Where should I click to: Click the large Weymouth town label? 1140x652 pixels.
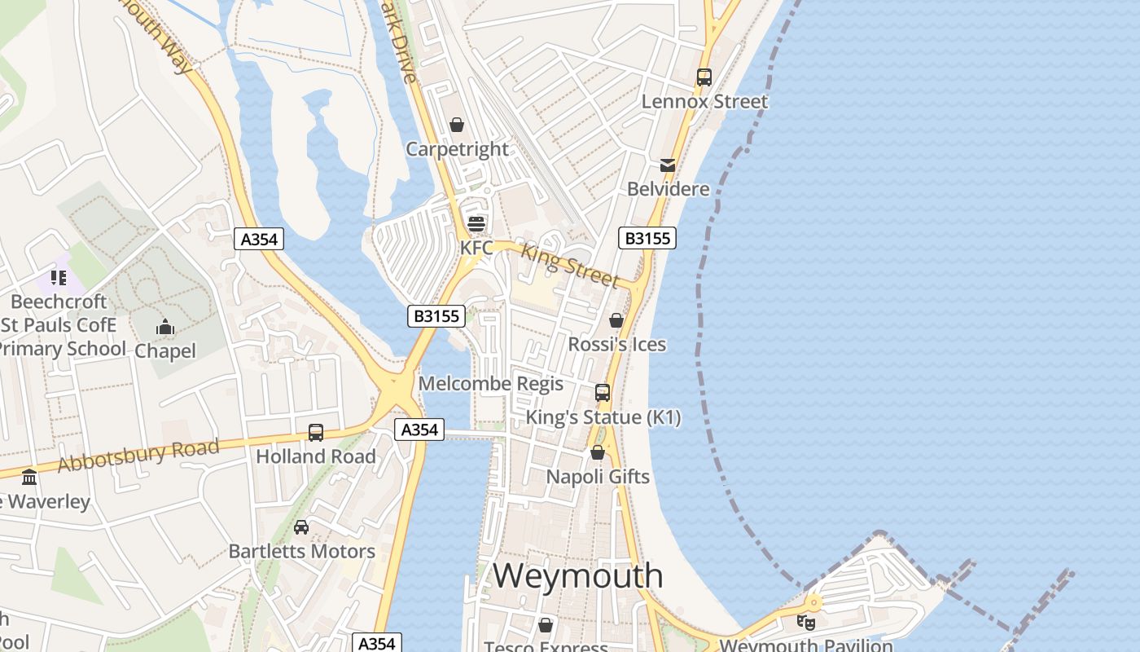[577, 575]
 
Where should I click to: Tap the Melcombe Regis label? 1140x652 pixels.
[490, 384]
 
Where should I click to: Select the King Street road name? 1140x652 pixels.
[569, 265]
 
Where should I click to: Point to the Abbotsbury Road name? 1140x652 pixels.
[138, 456]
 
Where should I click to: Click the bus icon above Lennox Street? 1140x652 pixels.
[704, 77]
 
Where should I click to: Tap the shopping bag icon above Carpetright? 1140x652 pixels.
[457, 125]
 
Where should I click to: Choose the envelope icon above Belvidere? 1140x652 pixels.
[668, 165]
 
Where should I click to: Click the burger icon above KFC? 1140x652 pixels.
[476, 223]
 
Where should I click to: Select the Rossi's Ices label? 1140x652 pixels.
[616, 345]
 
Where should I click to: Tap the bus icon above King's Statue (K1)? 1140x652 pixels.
[603, 393]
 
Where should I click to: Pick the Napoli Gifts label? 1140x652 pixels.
[598, 477]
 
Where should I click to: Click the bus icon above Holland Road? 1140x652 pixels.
[316, 433]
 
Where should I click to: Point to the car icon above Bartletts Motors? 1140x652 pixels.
[301, 527]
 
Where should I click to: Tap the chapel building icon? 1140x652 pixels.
[165, 328]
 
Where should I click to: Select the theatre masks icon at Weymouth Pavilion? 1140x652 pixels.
[806, 622]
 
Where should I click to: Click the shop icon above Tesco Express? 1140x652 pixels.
[546, 625]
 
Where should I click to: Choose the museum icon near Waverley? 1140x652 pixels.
[29, 477]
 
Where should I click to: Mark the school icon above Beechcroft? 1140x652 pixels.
[59, 278]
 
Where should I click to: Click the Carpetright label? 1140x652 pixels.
[457, 149]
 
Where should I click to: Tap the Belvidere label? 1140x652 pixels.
[668, 189]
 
